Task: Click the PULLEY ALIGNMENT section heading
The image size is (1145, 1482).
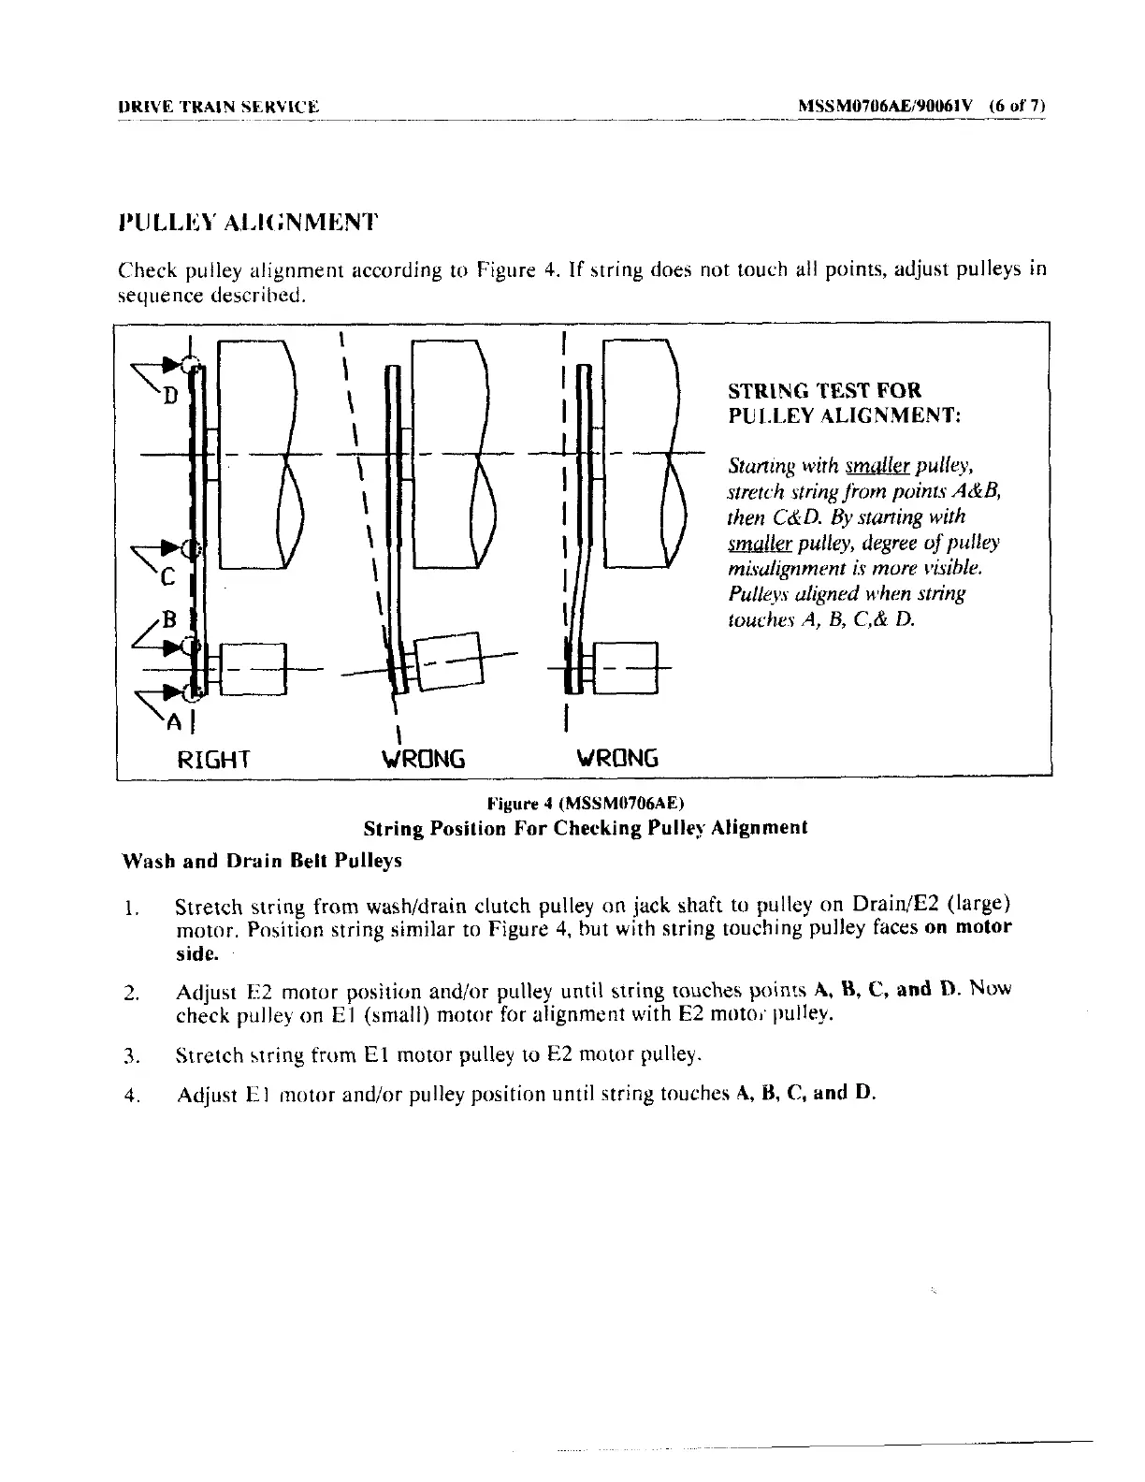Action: [x=248, y=223]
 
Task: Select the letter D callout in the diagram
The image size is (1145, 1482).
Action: [x=169, y=397]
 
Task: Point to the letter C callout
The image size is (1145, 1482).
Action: [x=167, y=578]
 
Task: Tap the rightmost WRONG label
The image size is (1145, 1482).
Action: [x=616, y=758]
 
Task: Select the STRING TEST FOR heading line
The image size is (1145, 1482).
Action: [x=824, y=391]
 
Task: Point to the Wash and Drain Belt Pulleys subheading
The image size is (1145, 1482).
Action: [x=262, y=861]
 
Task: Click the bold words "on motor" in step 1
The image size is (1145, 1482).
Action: [x=968, y=928]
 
